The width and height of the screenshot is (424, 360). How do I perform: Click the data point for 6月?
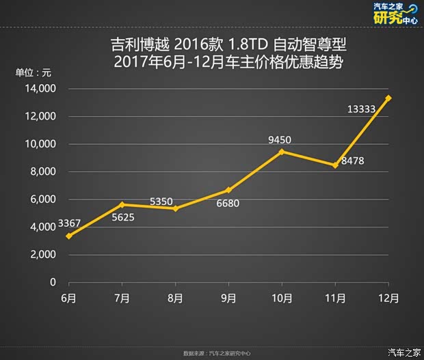point(68,236)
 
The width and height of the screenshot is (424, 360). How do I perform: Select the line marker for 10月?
point(282,152)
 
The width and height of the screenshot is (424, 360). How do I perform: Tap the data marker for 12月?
point(388,98)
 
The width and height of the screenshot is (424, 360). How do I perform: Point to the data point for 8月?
point(175,208)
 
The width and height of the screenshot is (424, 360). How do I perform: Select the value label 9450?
point(280,140)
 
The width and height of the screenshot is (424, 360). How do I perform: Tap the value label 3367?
point(69,223)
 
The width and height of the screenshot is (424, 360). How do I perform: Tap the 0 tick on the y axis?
point(52,281)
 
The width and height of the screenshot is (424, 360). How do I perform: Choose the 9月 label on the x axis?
point(228,299)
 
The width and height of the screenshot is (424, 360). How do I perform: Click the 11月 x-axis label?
point(335,299)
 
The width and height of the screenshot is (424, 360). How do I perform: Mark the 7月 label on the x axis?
point(122,299)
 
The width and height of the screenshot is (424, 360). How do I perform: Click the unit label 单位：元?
point(34,72)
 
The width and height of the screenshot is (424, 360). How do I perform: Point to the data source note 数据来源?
point(217,353)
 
